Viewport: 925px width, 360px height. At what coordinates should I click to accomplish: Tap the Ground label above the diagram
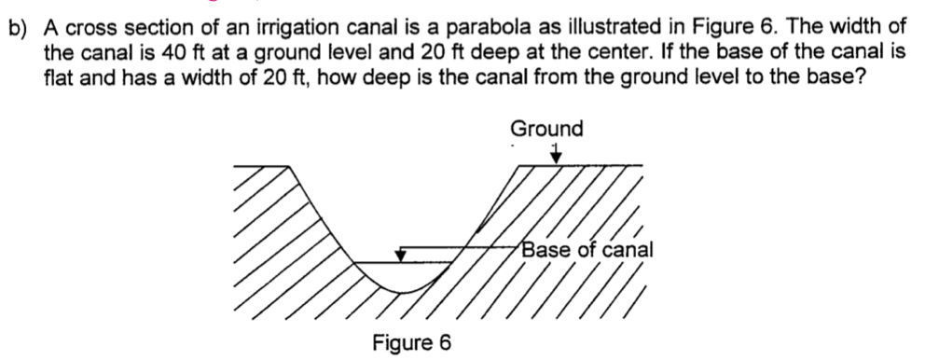click(x=546, y=128)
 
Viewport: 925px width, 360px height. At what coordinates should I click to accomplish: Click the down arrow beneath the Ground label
click(x=555, y=156)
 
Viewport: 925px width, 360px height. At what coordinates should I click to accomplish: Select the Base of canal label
click(x=587, y=250)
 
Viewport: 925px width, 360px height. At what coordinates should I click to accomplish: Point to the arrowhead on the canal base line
click(x=402, y=254)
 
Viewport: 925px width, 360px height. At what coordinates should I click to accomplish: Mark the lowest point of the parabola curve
click(x=404, y=292)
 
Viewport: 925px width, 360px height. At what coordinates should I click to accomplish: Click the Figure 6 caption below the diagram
click(x=411, y=342)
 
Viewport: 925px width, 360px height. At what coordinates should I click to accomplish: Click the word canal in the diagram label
click(x=629, y=250)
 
